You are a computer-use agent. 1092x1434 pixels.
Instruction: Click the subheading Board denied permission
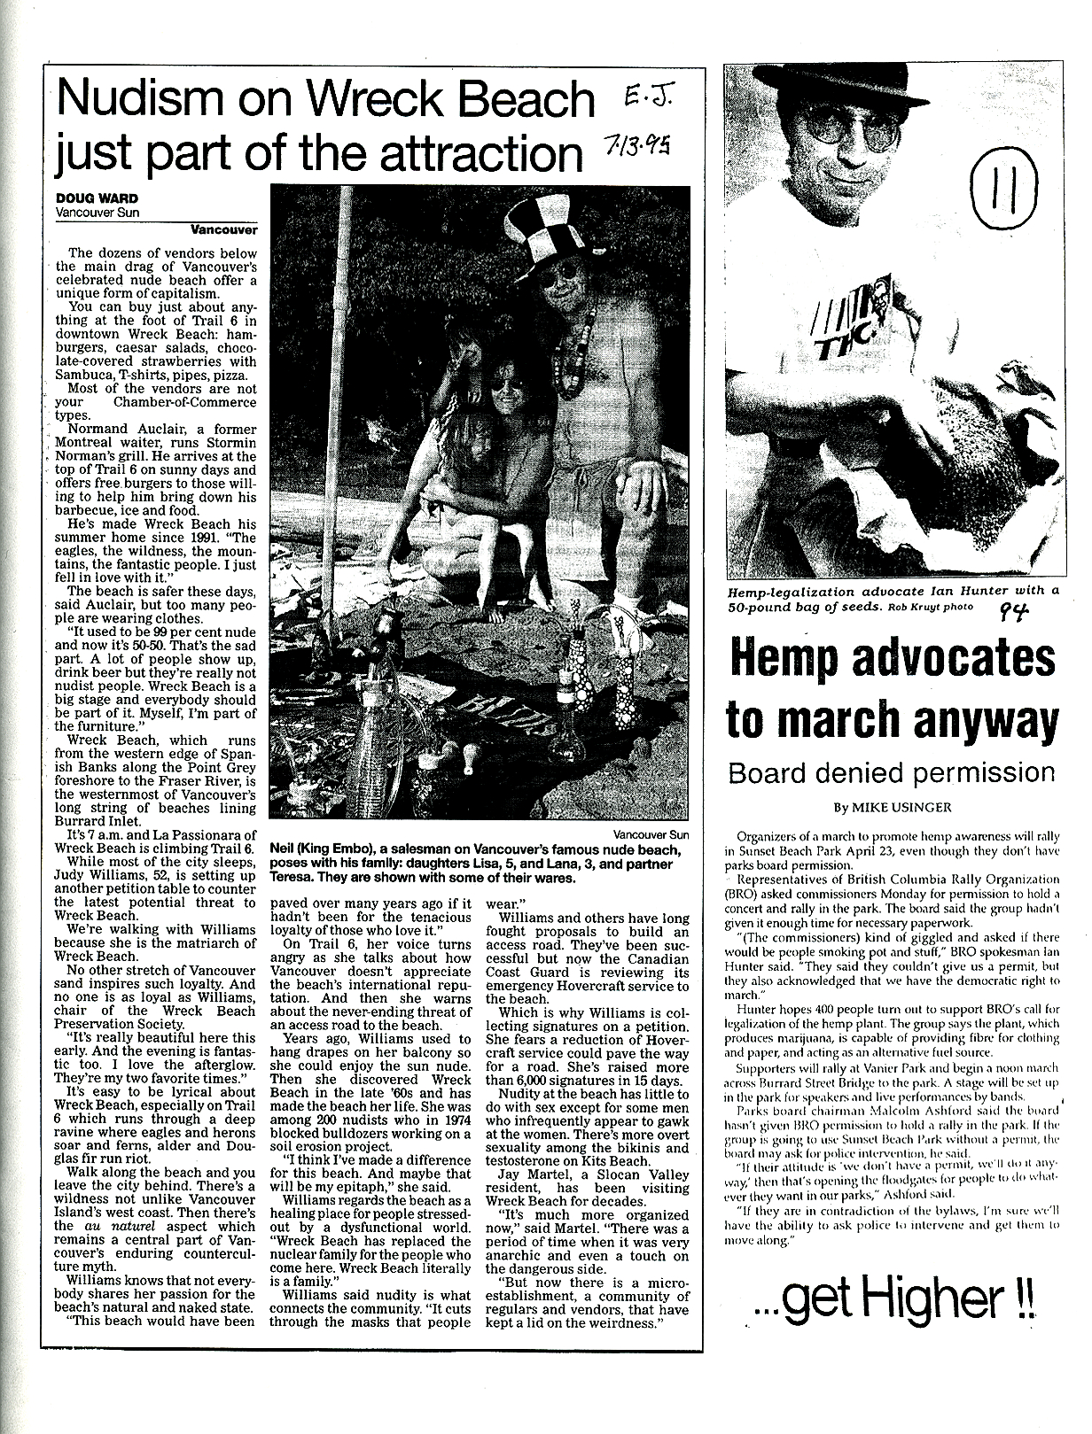click(891, 772)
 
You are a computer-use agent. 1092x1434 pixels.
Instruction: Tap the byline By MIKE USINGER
click(891, 808)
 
